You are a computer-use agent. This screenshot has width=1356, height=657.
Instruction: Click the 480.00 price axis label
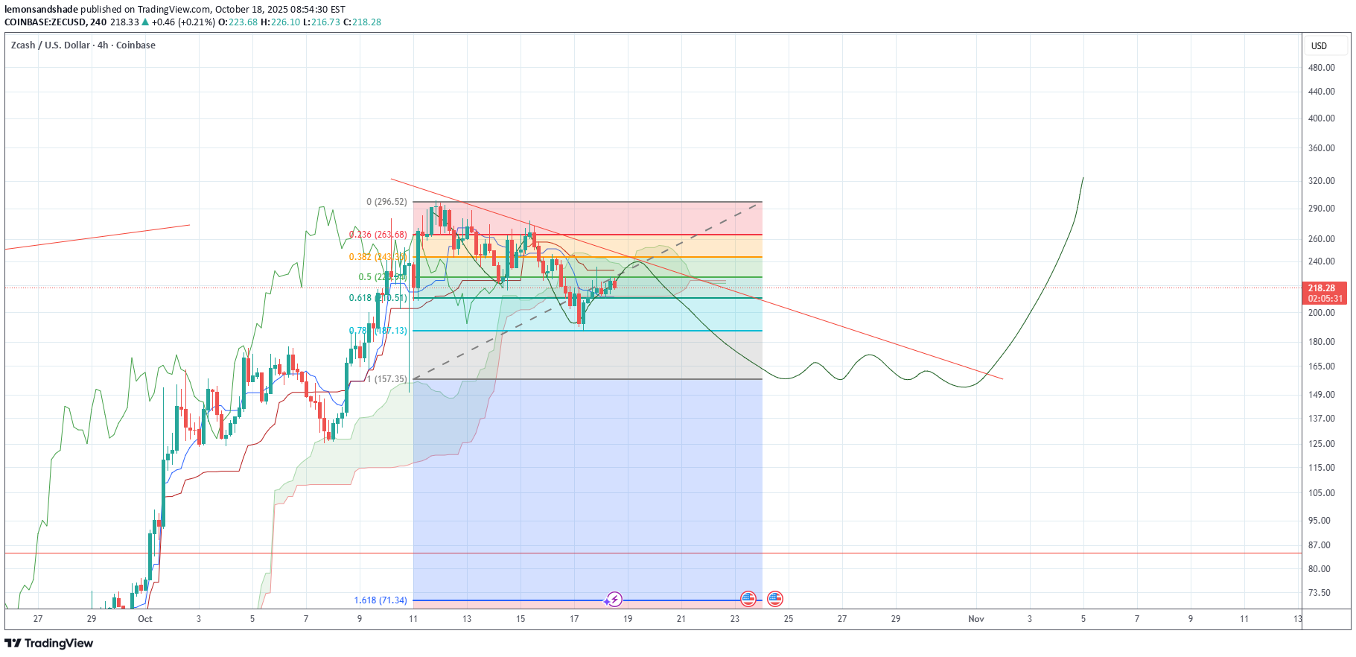[1321, 68]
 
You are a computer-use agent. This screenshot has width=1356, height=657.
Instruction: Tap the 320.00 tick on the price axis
[1321, 181]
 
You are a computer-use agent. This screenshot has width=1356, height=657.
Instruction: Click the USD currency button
[1319, 46]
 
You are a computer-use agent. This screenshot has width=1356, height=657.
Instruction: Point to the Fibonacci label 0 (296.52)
[386, 202]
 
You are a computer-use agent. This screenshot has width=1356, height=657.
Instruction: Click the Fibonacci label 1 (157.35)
[386, 379]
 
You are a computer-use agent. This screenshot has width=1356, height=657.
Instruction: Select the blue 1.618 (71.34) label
[381, 600]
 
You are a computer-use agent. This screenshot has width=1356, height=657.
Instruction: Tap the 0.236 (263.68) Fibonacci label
[378, 235]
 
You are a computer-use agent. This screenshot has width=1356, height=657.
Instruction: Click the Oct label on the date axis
[145, 619]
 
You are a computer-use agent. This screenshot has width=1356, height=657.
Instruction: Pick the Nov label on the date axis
[975, 619]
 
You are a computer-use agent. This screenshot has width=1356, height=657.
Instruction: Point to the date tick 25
[789, 619]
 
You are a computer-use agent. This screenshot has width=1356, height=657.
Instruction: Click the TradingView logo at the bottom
[49, 644]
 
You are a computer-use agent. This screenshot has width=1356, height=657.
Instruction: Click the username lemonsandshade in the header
[41, 10]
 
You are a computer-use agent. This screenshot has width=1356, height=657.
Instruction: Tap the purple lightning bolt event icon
[614, 599]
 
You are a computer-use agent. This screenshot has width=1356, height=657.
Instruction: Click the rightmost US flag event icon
[775, 599]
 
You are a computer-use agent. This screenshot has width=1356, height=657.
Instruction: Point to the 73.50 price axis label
[1319, 593]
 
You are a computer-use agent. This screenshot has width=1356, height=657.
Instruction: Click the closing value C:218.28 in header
[366, 22]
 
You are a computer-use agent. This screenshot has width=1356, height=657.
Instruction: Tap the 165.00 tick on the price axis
[1321, 366]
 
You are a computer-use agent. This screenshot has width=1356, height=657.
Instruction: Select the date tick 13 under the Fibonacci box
[467, 619]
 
